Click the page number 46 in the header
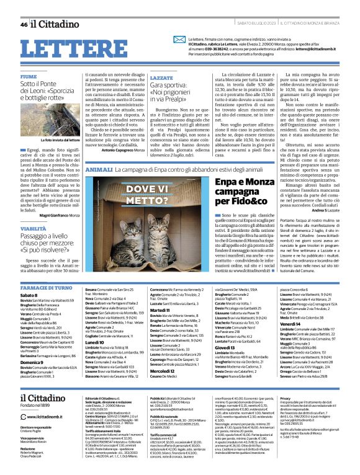(x=24, y=25)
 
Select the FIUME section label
(x=29, y=76)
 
